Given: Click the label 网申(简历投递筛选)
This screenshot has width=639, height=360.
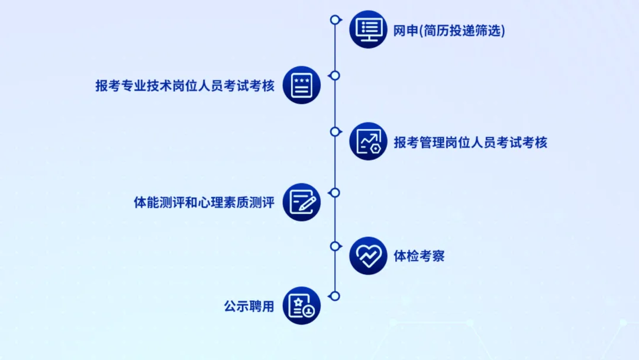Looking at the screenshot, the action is tap(449, 31).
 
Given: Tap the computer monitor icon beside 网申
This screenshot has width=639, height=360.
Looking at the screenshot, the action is tap(368, 29).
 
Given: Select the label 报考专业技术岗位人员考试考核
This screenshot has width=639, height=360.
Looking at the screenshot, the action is tap(185, 85).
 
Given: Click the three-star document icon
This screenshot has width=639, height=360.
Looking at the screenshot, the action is tap(302, 85).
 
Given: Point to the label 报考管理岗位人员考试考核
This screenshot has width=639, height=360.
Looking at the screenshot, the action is tap(470, 142).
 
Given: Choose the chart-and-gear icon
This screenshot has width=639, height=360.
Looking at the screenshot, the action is tap(368, 142).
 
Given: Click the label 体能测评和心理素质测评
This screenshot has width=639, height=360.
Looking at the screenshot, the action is tap(204, 202).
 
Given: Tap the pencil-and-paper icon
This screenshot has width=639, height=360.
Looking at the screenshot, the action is tap(302, 202).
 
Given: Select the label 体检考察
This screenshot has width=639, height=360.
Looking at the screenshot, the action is tap(419, 256).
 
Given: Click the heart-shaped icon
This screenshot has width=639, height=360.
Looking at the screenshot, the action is tap(368, 256).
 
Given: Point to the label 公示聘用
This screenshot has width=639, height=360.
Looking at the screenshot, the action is tap(249, 307).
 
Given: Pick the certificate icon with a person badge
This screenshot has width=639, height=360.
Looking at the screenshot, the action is tap(302, 306).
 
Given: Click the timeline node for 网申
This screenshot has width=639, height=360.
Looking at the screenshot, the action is tap(335, 20).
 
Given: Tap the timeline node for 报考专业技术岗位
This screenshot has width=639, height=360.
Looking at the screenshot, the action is tap(335, 75).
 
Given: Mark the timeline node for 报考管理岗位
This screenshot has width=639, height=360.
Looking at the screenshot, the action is tap(335, 131).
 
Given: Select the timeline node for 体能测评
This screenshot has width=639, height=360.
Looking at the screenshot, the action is tap(335, 192).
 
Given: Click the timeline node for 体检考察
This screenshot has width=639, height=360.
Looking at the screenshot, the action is tap(335, 246).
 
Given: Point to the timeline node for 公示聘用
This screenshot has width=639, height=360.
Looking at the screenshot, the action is tap(335, 295).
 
